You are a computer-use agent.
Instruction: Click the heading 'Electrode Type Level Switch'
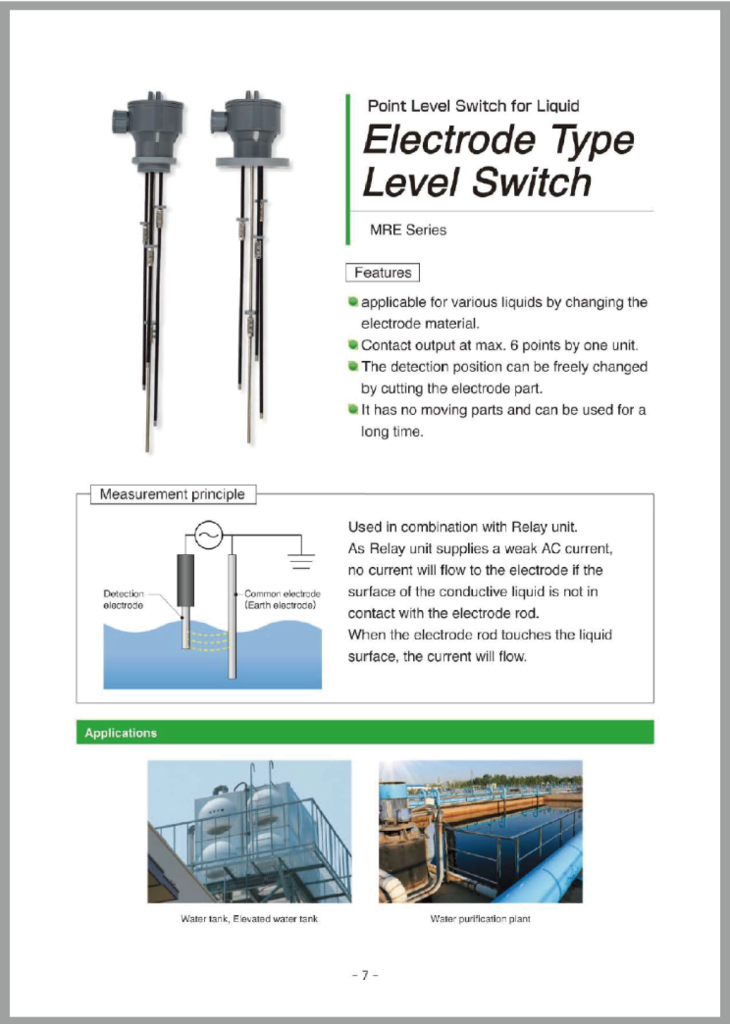[x=497, y=161]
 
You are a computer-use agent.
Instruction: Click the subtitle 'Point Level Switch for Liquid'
[x=473, y=105]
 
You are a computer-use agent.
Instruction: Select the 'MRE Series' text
[x=408, y=230]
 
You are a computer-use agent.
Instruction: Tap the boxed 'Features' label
[x=382, y=272]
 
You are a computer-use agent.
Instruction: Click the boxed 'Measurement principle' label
[x=171, y=494]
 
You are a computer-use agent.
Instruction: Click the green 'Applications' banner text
[x=121, y=733]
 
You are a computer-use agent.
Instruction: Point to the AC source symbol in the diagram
[x=207, y=535]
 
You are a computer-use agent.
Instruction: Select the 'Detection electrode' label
[x=124, y=599]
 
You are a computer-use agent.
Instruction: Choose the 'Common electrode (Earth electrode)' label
[x=281, y=599]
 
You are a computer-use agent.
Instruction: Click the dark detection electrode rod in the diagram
[x=186, y=581]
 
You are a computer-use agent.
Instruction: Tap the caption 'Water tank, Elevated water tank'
[x=249, y=919]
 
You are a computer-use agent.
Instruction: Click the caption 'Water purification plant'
[x=480, y=919]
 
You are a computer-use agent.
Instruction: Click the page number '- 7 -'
[x=365, y=974]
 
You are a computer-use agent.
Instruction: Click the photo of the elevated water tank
[x=249, y=831]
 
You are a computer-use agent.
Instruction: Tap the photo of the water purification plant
[x=480, y=831]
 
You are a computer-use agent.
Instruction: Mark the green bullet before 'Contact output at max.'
[x=353, y=345]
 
